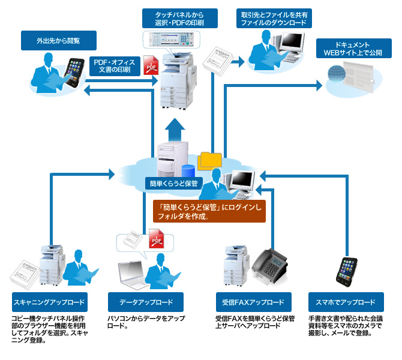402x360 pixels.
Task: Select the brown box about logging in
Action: [208, 211]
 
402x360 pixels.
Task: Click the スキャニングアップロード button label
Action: [49, 302]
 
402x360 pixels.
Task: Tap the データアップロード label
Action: [146, 302]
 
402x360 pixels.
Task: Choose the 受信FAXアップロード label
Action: [254, 302]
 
